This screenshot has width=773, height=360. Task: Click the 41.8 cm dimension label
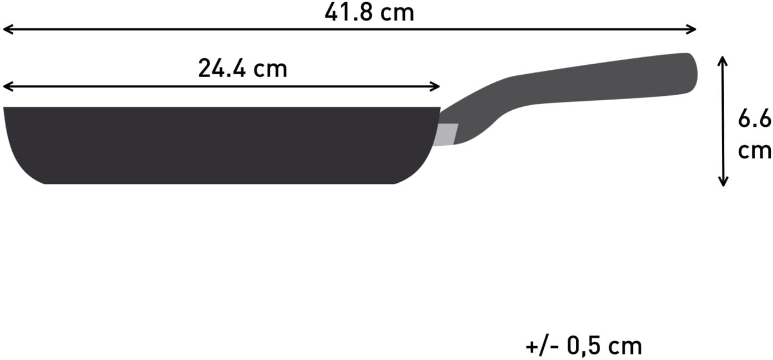(369, 12)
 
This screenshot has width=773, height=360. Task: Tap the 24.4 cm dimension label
(243, 69)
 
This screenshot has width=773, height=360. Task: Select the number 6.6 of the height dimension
(755, 119)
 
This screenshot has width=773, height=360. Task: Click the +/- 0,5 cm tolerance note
(584, 346)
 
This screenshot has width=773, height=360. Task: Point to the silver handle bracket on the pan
(448, 135)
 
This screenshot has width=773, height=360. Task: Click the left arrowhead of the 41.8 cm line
(7, 29)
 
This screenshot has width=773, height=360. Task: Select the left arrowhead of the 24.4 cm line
(7, 86)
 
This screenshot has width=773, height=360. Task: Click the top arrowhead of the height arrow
(723, 60)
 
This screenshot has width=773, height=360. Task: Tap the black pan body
(221, 144)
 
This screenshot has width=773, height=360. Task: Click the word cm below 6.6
(755, 150)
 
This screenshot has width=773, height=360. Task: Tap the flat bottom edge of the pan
(221, 183)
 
